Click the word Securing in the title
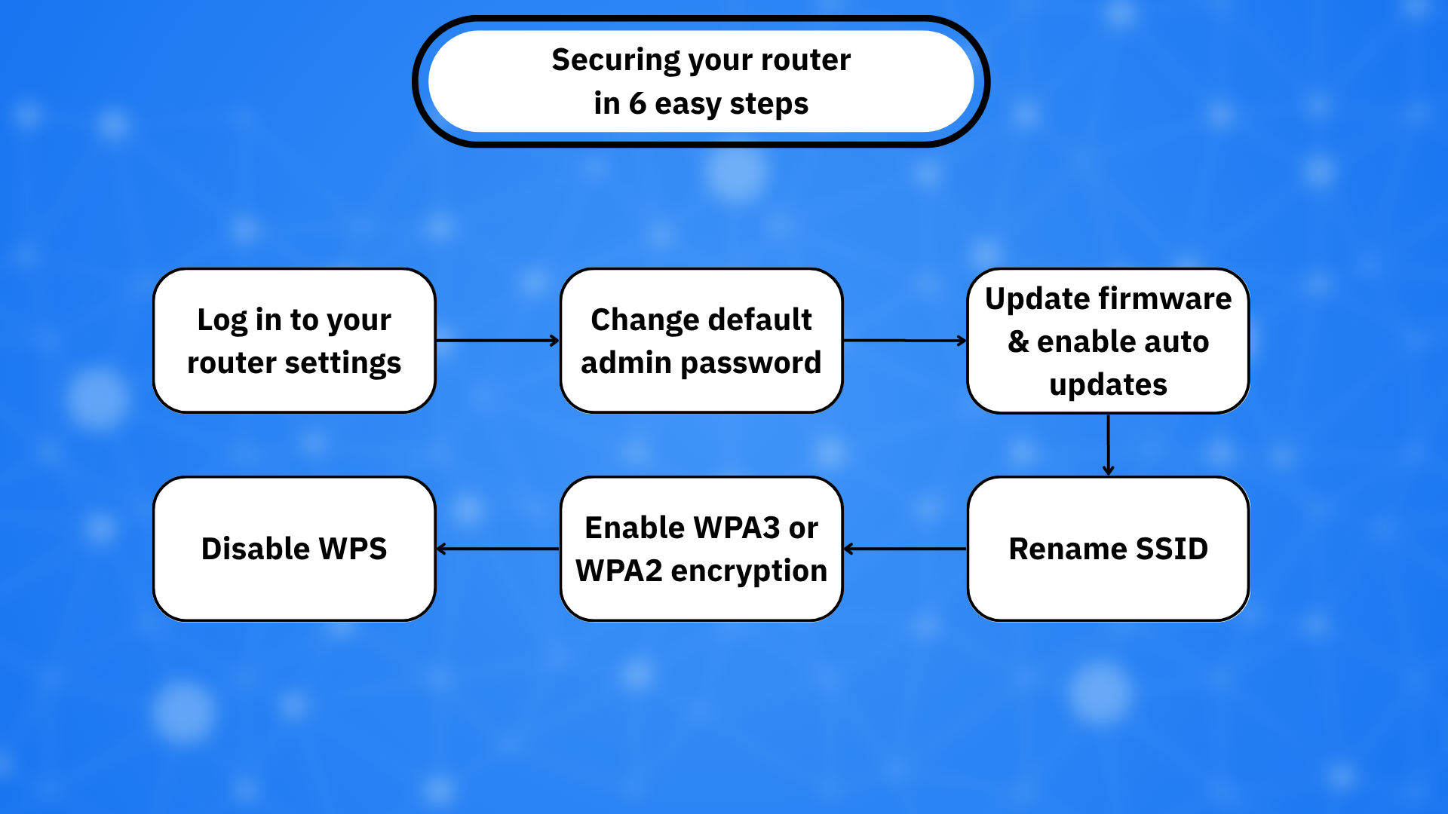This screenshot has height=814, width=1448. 616,61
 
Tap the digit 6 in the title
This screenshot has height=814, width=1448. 638,103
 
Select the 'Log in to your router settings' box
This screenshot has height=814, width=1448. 294,341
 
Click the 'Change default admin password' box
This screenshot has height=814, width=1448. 701,341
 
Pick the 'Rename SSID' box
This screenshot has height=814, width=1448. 1108,549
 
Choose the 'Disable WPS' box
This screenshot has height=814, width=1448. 294,549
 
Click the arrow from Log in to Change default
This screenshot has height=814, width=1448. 498,341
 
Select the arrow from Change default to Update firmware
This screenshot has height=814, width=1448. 905,341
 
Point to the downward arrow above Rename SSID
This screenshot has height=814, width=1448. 1108,445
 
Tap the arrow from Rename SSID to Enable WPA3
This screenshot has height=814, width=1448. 905,549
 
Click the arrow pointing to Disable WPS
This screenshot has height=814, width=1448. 498,549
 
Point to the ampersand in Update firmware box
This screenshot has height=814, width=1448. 1018,341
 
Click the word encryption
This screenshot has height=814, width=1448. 749,572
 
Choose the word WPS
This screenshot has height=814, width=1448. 353,549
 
